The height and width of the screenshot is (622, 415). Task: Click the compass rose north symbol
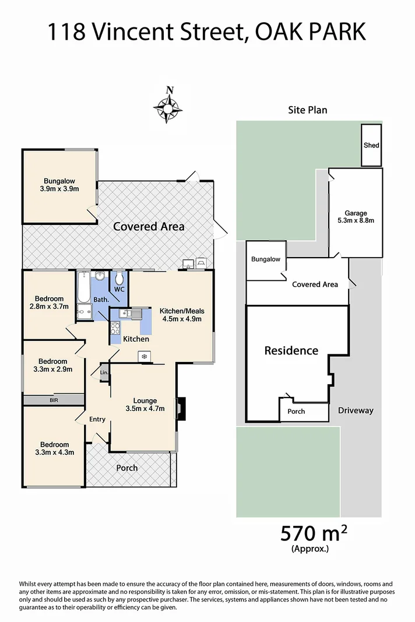[169, 106]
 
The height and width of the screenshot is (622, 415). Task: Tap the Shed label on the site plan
[371, 145]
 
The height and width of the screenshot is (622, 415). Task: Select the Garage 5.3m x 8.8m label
[355, 216]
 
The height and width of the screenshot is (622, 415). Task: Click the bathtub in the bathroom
[83, 286]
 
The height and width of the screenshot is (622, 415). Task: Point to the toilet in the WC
[119, 278]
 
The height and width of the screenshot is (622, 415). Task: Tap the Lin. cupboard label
[104, 373]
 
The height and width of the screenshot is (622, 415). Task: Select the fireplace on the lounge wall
[181, 408]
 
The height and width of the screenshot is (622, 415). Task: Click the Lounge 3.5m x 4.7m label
[145, 405]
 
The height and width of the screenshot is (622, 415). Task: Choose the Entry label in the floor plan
[97, 419]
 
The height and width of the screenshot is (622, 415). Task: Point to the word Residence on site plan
[291, 350]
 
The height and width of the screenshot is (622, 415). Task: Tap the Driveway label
[356, 410]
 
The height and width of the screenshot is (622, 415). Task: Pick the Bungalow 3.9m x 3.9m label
[59, 184]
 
